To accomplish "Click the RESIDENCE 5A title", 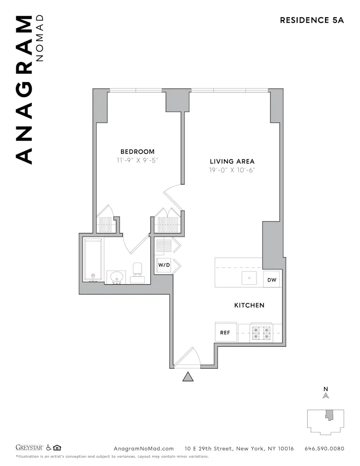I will point(312,20).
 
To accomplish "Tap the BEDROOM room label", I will point(137,152).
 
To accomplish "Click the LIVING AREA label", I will point(232,162).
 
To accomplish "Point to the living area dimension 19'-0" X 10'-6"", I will point(232,170).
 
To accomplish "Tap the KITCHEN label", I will point(249,305).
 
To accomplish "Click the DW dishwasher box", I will point(272,280).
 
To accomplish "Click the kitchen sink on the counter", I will point(250,278).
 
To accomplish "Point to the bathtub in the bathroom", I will point(93,260).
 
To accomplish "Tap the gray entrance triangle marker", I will point(188,377).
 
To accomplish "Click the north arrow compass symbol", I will point(326,395).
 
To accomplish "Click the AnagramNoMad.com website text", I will point(144,449).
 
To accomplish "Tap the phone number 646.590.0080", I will point(324,449).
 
